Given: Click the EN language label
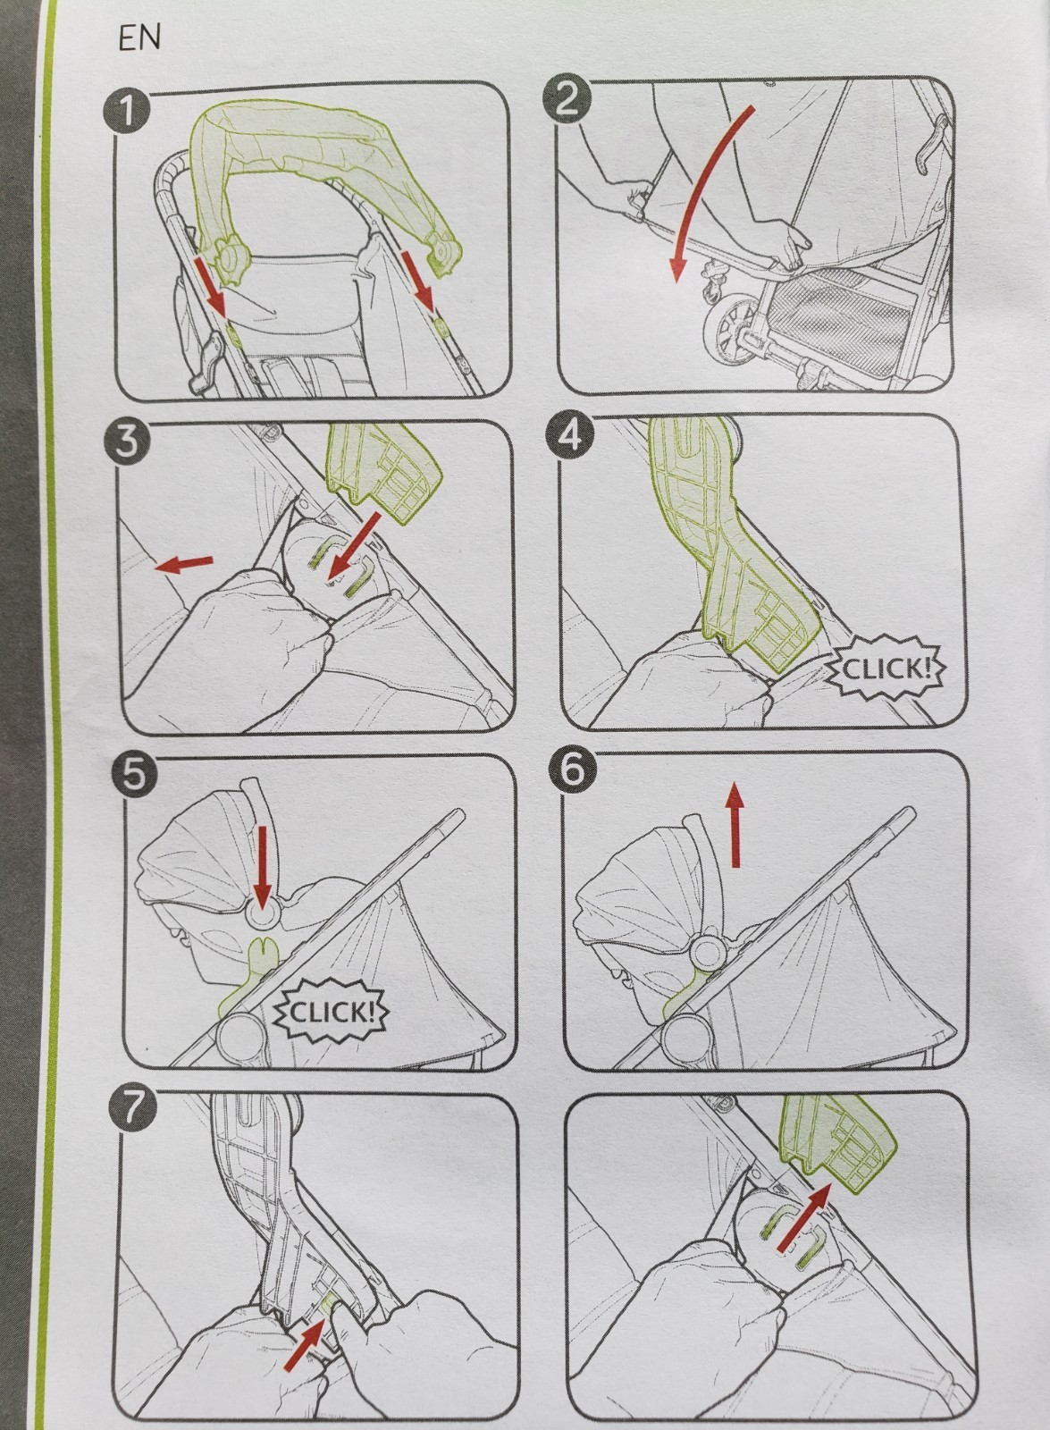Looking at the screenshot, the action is click(x=139, y=39).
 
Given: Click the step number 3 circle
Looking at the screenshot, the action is click(x=127, y=442).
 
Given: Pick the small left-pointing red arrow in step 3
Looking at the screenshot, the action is click(x=184, y=564).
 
